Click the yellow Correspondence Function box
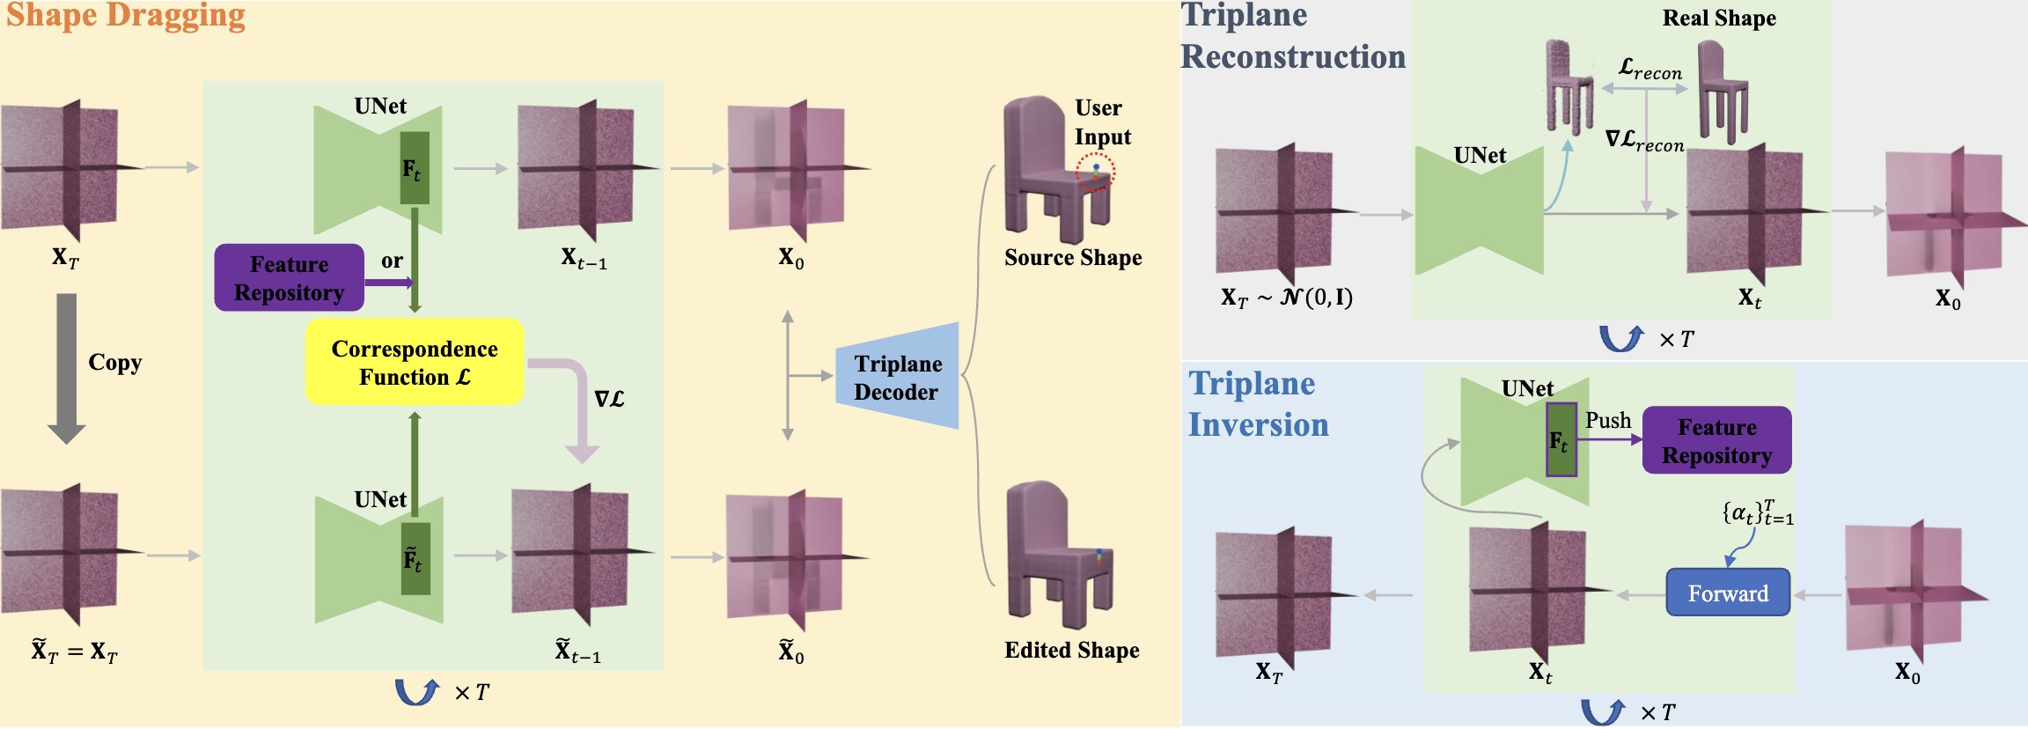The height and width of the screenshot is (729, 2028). (x=415, y=362)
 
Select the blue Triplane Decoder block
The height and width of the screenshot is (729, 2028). (x=897, y=376)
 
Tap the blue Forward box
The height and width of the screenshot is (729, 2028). (x=1728, y=593)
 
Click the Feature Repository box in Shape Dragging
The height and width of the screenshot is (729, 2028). (x=289, y=278)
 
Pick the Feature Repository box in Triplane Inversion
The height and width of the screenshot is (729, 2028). (x=1716, y=440)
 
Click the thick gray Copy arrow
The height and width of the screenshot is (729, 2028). (x=66, y=369)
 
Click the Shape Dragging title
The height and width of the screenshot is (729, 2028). (x=126, y=17)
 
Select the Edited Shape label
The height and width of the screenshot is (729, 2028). (x=1072, y=651)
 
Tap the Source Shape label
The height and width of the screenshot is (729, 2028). (x=1073, y=257)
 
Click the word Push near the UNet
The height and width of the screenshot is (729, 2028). (x=1608, y=421)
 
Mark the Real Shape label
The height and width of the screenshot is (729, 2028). (x=1719, y=18)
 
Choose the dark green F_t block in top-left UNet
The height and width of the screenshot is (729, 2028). (x=415, y=168)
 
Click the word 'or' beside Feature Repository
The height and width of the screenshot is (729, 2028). (x=392, y=261)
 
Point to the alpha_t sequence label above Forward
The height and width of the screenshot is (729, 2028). (x=1758, y=512)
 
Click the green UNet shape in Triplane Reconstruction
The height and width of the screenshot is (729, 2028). (x=1480, y=210)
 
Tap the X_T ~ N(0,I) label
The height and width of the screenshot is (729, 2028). (x=1286, y=298)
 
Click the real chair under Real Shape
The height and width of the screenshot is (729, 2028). (x=1722, y=91)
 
